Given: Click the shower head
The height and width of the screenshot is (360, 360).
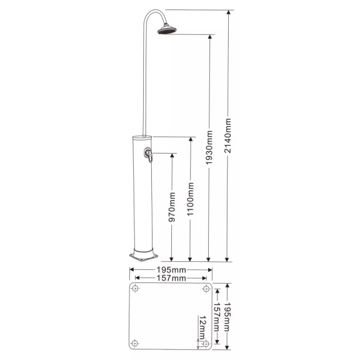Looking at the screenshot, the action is point(167,30).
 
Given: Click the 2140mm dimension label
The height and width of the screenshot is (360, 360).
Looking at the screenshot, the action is point(227,136).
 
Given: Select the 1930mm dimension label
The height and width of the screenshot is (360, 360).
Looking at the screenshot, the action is point(209,147).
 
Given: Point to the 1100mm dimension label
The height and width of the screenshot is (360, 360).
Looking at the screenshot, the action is point(191,199).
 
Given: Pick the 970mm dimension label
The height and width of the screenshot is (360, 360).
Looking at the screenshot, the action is point(172,207).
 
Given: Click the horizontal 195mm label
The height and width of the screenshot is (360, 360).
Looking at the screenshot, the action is point(171,269).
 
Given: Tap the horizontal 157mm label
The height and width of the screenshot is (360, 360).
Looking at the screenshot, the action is point(171,278).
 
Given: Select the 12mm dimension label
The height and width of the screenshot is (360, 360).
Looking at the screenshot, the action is point(202,327).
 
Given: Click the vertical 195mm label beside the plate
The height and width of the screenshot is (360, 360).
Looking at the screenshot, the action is point(227,317).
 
